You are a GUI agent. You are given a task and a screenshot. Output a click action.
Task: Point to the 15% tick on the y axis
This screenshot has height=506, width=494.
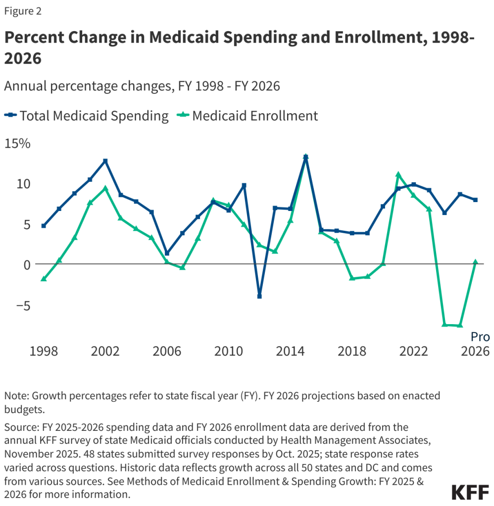point(18,144)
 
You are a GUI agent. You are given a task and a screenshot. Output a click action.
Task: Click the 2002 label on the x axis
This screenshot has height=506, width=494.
point(105,351)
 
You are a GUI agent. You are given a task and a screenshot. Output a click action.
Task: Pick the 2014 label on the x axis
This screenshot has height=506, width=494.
point(290,351)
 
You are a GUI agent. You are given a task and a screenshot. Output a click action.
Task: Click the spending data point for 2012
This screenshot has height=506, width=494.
point(259,296)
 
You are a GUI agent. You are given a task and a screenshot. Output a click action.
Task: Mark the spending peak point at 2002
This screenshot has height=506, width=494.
point(105,161)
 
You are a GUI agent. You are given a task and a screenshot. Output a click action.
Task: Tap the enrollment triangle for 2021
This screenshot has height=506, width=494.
point(398,174)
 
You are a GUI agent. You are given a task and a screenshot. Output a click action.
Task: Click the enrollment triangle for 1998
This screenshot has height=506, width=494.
point(44,279)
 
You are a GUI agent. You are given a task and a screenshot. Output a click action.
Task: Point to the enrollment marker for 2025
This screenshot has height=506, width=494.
point(460,325)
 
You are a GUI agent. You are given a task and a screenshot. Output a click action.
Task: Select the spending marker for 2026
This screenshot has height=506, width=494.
point(475,200)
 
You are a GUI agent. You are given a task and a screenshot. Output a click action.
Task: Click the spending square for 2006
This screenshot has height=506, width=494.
point(167,253)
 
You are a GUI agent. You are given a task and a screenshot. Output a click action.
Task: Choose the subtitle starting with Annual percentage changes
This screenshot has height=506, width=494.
point(142,86)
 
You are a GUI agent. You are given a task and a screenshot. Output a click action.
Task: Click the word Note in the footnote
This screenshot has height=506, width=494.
point(15,396)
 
